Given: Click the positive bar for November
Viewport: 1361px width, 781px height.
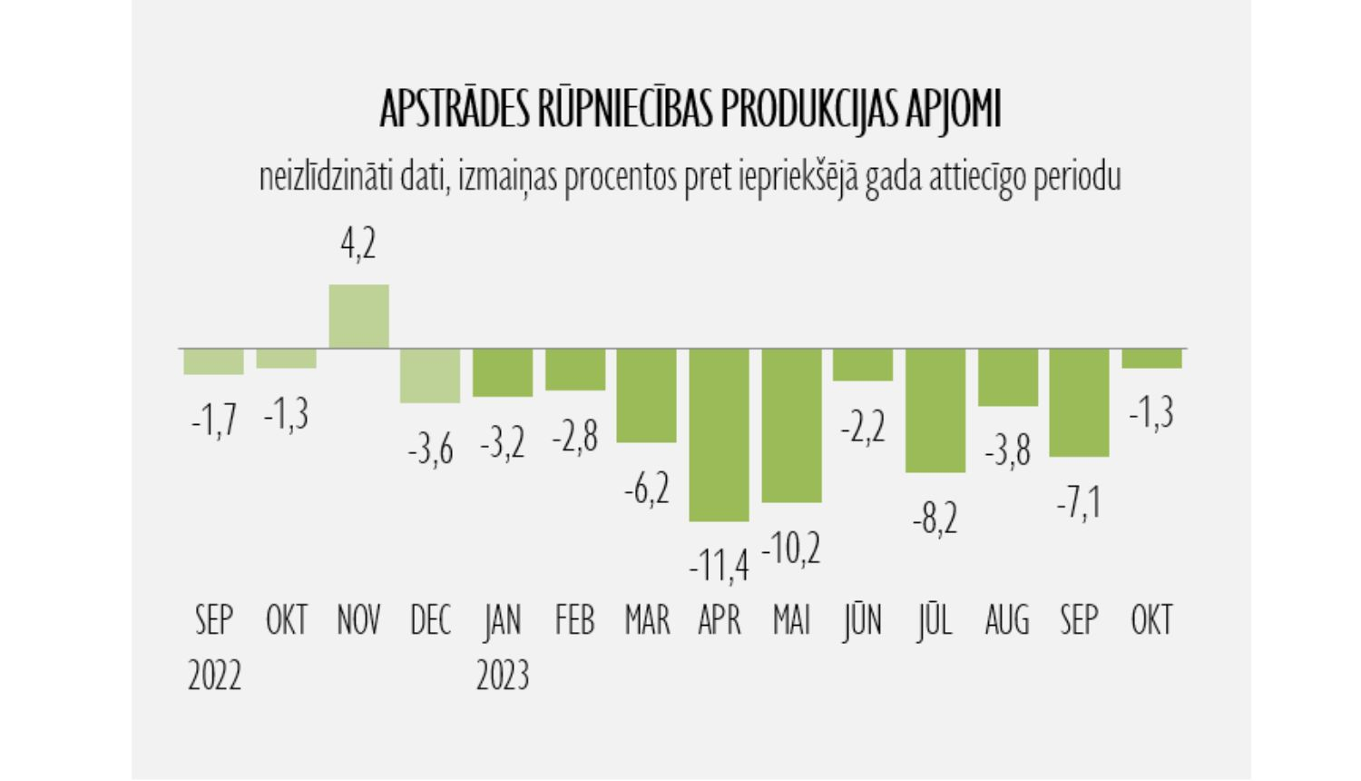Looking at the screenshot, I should point(358,316).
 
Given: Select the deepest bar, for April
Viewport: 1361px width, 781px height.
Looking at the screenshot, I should point(719,434).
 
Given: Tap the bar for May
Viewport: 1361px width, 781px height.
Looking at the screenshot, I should point(791,425).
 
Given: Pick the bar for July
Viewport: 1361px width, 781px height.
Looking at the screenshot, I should point(935,410).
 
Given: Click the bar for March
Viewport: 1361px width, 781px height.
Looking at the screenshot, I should point(646,395).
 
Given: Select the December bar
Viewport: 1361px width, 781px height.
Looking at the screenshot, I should point(430,375).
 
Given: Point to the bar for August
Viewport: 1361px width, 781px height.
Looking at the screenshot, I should point(1007,377).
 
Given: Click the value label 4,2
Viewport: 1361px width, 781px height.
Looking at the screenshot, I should point(358,244).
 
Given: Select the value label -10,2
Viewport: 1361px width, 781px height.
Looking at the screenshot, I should point(791,549).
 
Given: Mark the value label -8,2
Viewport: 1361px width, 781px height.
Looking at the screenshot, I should point(935,519).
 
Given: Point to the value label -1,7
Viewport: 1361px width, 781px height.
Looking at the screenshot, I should point(214,420).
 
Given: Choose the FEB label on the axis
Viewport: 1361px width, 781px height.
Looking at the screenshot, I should point(574,621).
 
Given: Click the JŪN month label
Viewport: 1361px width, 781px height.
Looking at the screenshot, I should point(862,621).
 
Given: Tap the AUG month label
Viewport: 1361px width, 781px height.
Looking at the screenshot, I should point(1007,621).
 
